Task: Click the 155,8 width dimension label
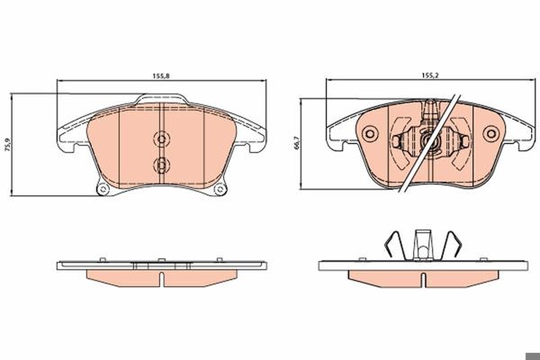pos(161,76)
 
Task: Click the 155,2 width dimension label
pos(430,76)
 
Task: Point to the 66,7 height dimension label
pos(297,143)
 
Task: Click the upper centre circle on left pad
pos(161,139)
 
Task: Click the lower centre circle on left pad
pos(161,165)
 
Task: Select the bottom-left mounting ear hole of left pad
pos(103,189)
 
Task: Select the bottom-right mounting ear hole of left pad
pos(220,189)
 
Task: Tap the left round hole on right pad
pos(370,134)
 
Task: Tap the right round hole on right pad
pos(490,134)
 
